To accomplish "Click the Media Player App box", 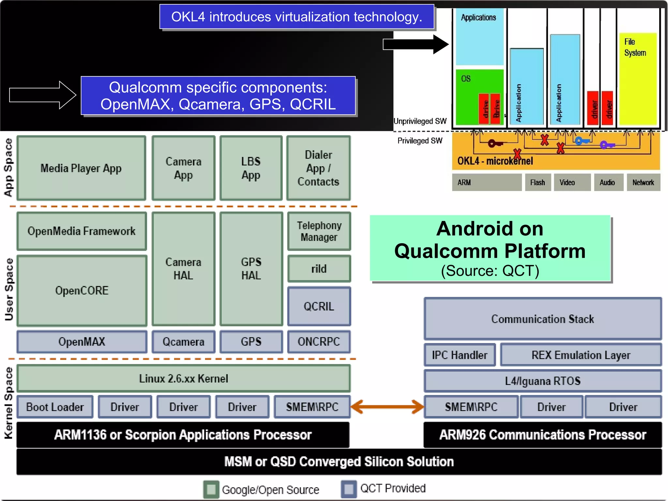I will (x=81, y=168).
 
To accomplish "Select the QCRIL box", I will (x=319, y=306).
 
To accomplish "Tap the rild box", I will (x=319, y=269).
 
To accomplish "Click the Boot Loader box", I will (x=55, y=407).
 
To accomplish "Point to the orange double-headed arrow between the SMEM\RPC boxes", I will (x=387, y=407).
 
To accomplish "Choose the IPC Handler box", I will (x=460, y=355).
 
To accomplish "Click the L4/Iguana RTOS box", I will (x=542, y=381).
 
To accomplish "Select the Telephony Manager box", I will (x=319, y=231).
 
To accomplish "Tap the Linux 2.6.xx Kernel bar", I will (x=183, y=379).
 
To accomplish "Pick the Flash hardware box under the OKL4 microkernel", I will (x=538, y=182).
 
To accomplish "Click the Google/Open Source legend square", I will (x=211, y=489).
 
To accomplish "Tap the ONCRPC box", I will (x=319, y=342).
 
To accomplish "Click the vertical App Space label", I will (x=8, y=167).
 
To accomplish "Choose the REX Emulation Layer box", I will (x=581, y=355).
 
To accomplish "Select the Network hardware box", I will (x=643, y=182).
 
